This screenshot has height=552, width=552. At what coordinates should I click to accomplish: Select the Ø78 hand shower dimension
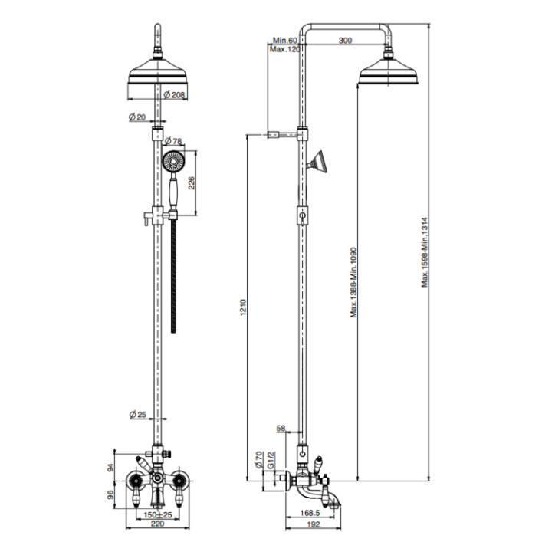click(173, 141)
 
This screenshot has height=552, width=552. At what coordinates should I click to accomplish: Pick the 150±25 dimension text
click(157, 514)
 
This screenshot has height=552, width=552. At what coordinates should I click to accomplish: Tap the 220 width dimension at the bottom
click(157, 527)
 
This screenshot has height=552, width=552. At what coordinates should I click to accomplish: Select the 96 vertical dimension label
click(110, 495)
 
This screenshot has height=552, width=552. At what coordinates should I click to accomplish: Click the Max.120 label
click(284, 49)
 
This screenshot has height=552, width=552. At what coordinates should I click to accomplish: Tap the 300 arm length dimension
click(344, 40)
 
